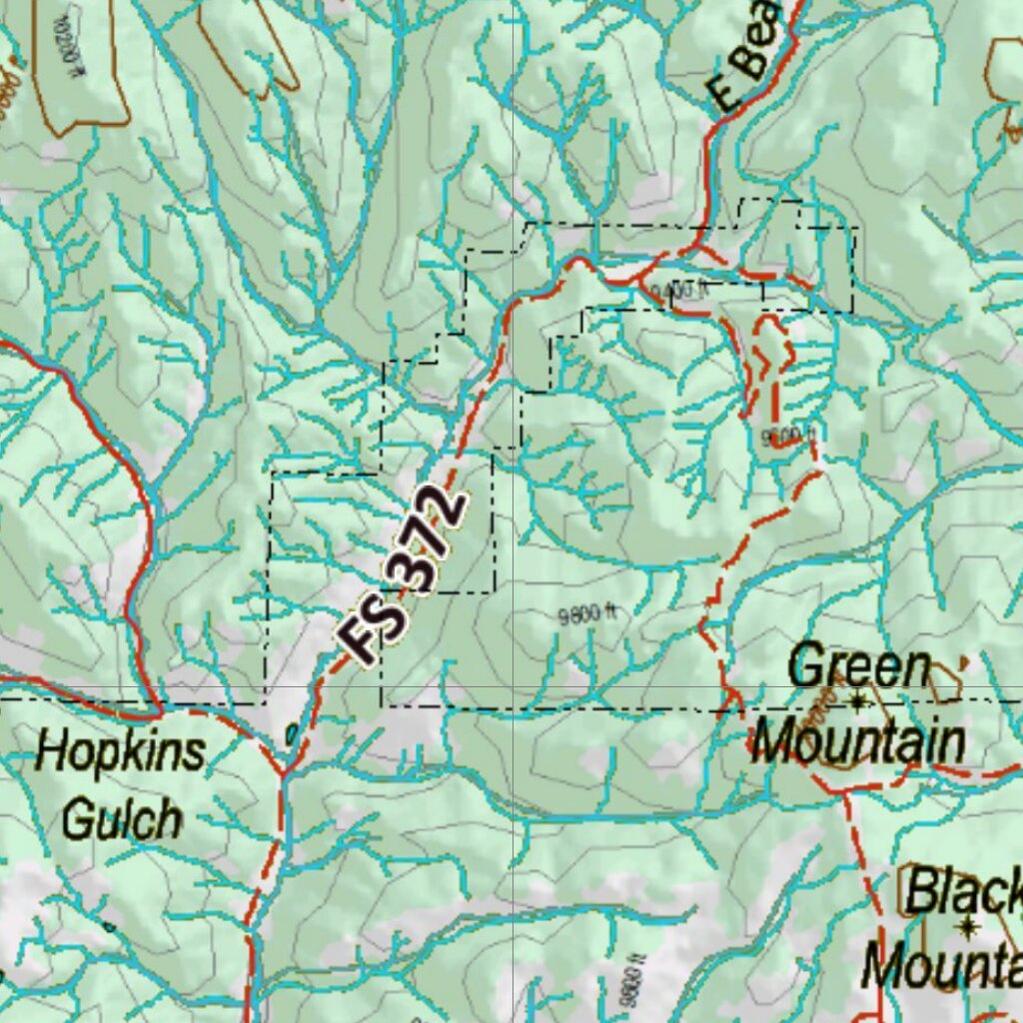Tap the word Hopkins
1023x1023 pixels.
[x=120, y=751]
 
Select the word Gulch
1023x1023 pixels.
[x=122, y=819]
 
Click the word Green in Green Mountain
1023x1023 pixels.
[x=859, y=667]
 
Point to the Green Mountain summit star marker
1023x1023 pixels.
[x=857, y=702]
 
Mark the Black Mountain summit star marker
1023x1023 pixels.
[x=966, y=929]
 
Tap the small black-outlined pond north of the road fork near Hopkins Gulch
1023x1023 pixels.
[x=291, y=735]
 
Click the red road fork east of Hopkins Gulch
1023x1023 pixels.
[x=284, y=771]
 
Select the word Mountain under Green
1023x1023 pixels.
[x=857, y=741]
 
